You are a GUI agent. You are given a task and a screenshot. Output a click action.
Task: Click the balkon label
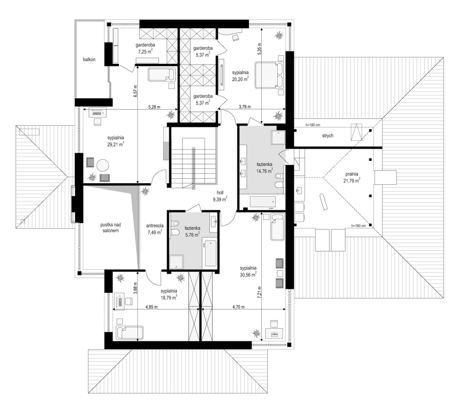(89, 60)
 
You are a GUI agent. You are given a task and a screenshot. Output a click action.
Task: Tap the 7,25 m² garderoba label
(146, 48)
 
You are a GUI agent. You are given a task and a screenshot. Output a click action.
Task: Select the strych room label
(328, 135)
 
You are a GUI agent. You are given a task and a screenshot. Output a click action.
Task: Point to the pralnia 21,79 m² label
(352, 177)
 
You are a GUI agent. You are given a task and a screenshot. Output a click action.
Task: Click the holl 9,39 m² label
(220, 196)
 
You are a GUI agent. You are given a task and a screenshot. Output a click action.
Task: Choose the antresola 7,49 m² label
(154, 229)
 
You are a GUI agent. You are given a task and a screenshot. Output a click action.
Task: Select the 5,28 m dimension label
(154, 107)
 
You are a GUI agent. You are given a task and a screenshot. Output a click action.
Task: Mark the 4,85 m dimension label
(151, 307)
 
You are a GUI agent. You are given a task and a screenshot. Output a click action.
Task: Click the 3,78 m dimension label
(245, 107)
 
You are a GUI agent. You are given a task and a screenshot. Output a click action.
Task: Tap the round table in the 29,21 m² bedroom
(103, 165)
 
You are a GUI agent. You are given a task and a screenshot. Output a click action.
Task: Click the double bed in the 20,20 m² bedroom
(268, 75)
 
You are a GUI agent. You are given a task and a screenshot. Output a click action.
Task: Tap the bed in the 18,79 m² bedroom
(130, 332)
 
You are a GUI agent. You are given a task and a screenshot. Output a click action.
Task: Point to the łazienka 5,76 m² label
(193, 231)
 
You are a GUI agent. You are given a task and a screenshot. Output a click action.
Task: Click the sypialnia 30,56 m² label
(248, 271)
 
